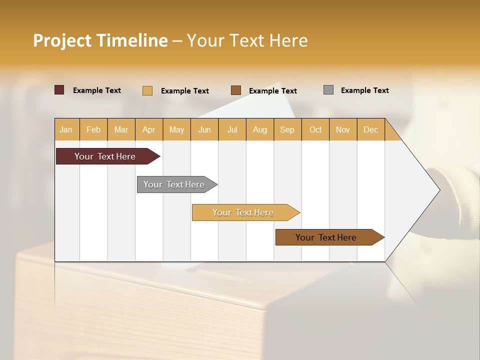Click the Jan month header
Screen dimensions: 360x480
click(x=66, y=129)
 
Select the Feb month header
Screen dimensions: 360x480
click(x=93, y=129)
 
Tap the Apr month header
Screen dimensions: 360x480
click(x=148, y=129)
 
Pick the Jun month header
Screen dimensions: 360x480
click(x=204, y=129)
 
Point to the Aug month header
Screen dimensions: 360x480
click(x=259, y=129)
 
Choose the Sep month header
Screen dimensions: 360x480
click(x=287, y=129)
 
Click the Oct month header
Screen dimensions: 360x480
click(x=315, y=129)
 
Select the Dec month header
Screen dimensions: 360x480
click(x=370, y=129)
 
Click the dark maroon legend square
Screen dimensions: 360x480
click(x=59, y=90)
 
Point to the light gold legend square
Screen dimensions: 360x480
click(x=147, y=90)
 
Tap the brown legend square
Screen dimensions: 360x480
click(x=236, y=90)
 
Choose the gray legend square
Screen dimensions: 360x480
click(x=328, y=90)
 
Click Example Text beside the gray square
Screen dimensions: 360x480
click(x=364, y=90)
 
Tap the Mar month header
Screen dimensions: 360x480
click(x=121, y=129)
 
